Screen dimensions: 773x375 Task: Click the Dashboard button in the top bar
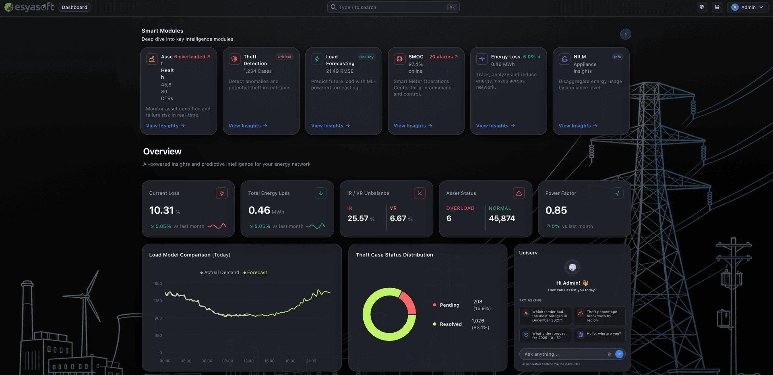(x=74, y=7)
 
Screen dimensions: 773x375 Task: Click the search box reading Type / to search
(x=393, y=7)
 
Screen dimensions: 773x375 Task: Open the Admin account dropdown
(x=748, y=7)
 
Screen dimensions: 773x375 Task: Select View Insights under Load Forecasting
(x=331, y=126)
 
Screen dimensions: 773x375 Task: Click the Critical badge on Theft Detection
(x=284, y=57)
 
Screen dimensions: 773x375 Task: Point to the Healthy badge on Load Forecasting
(x=366, y=57)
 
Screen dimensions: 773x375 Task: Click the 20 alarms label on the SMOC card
(x=443, y=57)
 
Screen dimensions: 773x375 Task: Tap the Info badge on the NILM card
(x=618, y=57)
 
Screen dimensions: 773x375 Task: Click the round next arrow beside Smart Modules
(x=626, y=34)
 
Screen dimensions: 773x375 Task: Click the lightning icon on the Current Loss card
(x=222, y=193)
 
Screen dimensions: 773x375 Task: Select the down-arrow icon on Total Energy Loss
(x=321, y=193)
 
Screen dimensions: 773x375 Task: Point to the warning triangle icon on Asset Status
(x=519, y=193)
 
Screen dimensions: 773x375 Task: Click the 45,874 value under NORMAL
(x=502, y=219)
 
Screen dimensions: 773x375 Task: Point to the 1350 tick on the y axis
(x=157, y=301)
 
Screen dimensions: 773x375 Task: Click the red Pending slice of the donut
(x=409, y=302)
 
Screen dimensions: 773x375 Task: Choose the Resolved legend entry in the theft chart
(x=447, y=324)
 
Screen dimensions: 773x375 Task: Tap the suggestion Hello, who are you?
(x=599, y=334)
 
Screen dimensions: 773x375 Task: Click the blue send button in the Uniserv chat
(x=619, y=354)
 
